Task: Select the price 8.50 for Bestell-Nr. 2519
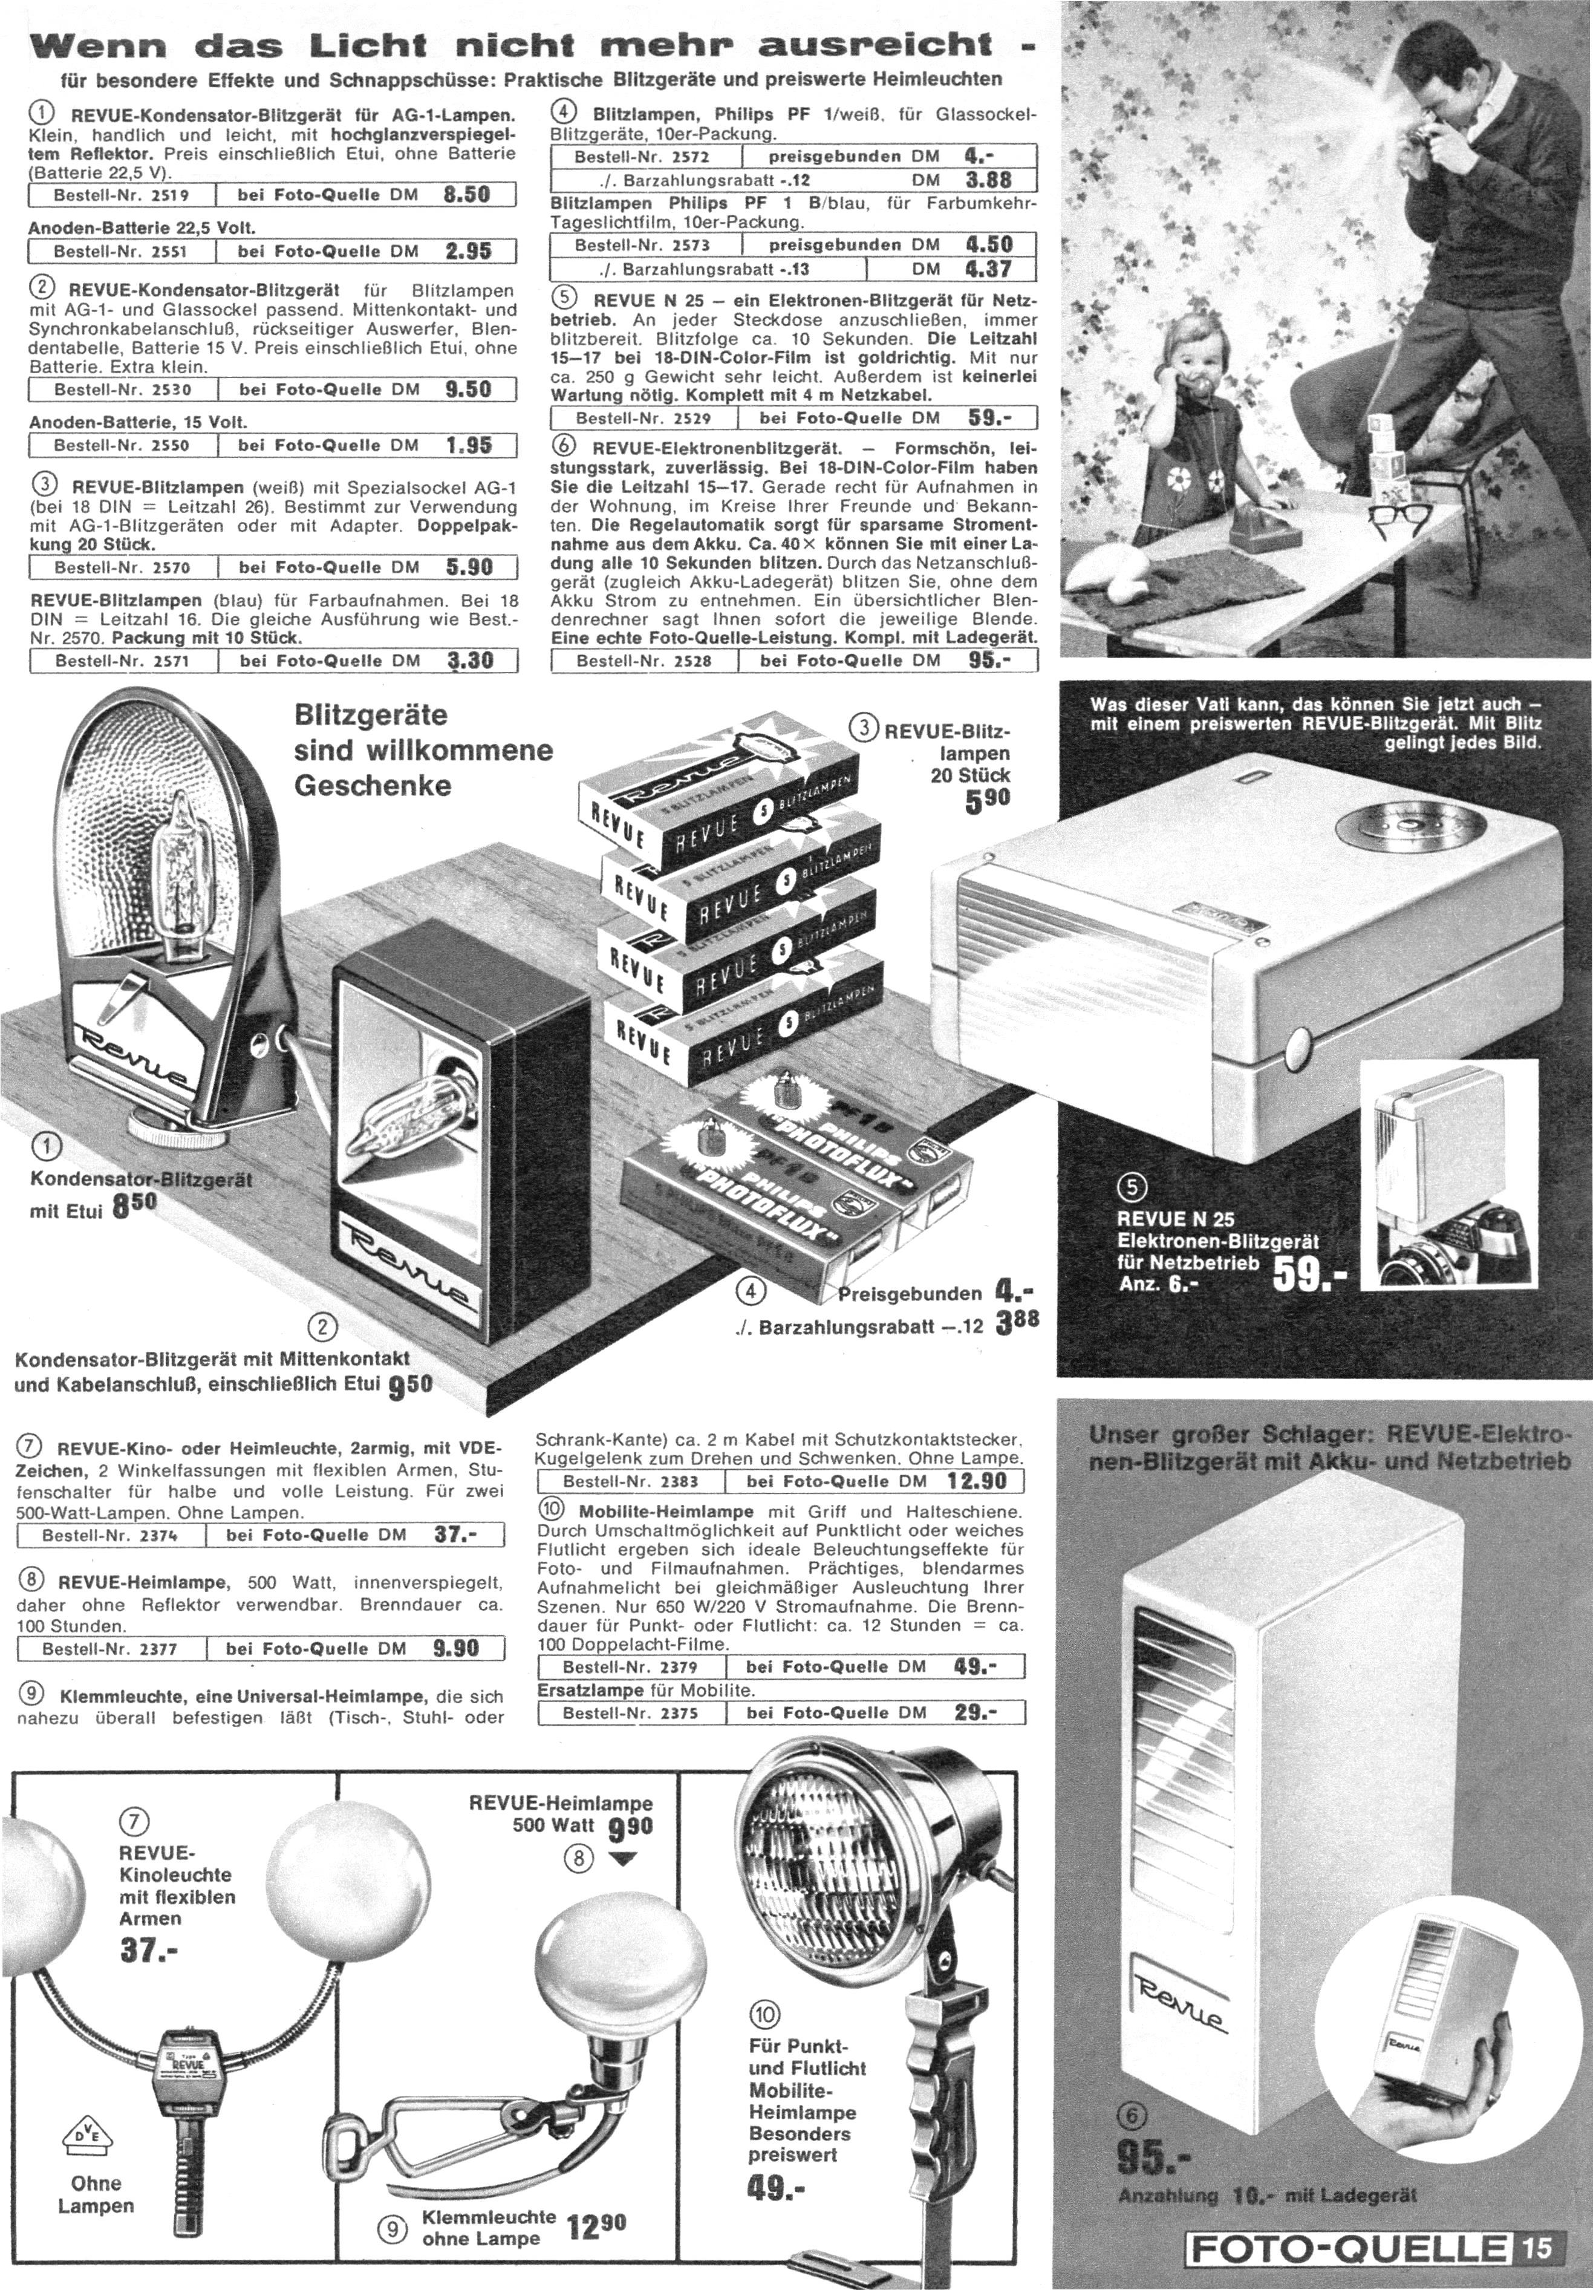(467, 194)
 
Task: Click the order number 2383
(676, 1481)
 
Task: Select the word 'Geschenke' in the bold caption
(372, 785)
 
